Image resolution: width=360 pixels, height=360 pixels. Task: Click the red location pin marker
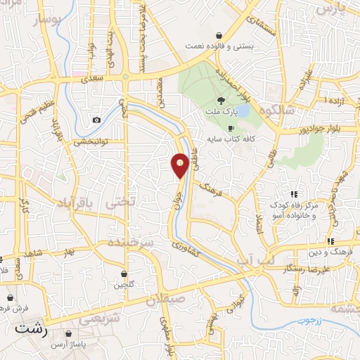pyautogui.click(x=180, y=165)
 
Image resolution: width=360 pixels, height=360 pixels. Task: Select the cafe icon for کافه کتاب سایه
pyautogui.click(x=231, y=128)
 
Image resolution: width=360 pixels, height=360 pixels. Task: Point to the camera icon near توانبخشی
pyautogui.click(x=96, y=120)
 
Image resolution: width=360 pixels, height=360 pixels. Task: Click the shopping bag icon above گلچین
pyautogui.click(x=124, y=274)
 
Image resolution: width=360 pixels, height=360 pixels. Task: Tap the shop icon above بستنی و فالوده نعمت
pyautogui.click(x=219, y=34)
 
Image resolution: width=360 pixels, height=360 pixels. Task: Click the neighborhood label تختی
pyautogui.click(x=117, y=202)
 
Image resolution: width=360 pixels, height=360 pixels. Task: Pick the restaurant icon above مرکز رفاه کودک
pyautogui.click(x=295, y=193)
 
